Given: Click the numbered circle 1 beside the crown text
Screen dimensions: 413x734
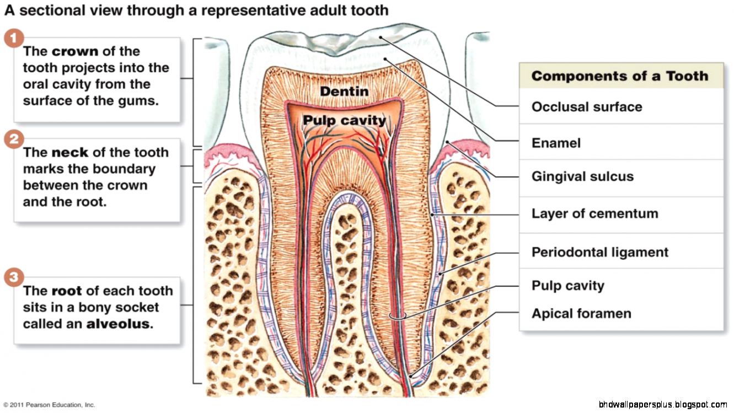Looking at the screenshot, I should coord(14,39).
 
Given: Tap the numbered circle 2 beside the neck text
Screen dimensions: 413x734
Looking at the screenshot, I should coord(14,140).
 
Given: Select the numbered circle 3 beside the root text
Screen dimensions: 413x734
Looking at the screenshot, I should coord(14,278).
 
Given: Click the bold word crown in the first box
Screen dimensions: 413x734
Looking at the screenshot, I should coord(75,51).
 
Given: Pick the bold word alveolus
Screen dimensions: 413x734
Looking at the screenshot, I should coord(118,324).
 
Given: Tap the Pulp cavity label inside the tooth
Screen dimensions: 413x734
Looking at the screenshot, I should coord(344,120).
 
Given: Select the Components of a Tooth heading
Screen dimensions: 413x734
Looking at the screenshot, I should coord(619,76).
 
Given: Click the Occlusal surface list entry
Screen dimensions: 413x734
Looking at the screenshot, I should coord(587,107).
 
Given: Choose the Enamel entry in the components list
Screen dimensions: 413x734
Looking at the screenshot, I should coord(556,143).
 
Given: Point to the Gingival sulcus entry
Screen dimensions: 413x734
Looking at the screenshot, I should coord(582,177).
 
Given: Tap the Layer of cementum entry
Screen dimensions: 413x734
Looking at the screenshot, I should coord(594,214).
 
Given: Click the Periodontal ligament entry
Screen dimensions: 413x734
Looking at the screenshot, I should coord(599,253).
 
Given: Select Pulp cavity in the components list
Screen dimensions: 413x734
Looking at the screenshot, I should coord(567,286).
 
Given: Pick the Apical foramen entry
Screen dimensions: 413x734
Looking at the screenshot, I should coord(581,314).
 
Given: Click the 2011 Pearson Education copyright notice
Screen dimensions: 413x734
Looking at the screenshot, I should coord(49,405).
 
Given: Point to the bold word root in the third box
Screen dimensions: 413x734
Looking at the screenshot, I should coord(67,291).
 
